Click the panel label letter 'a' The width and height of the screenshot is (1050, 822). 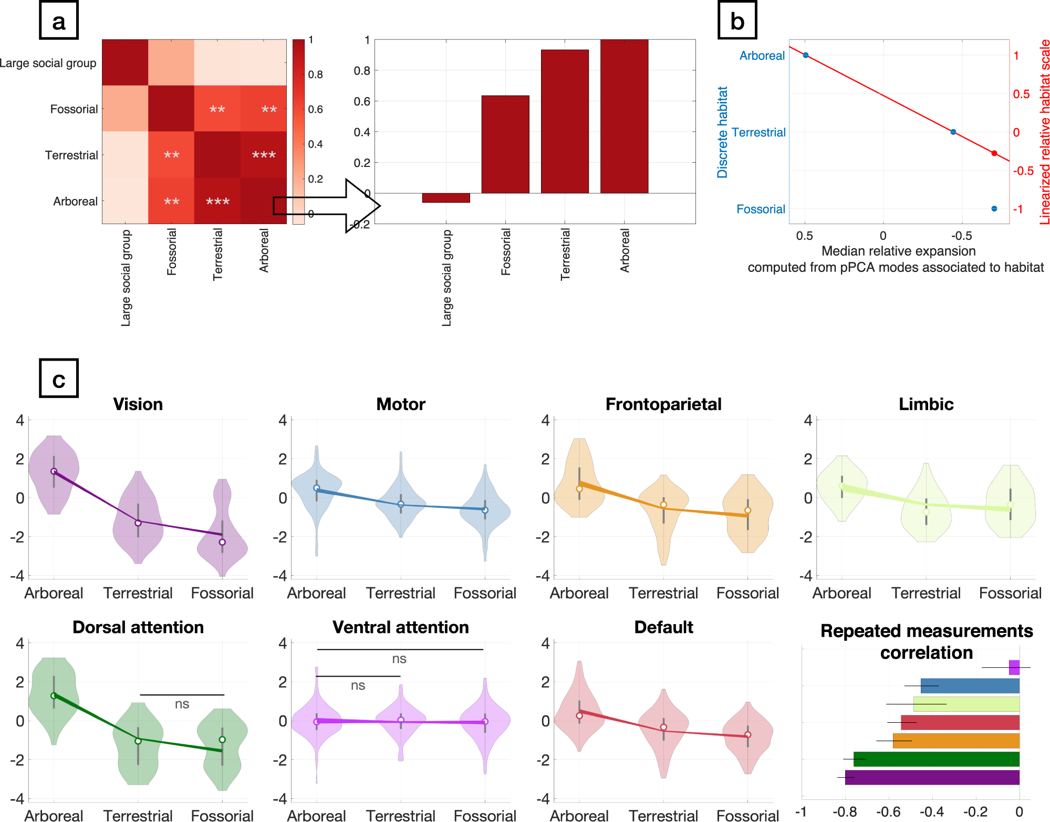59,21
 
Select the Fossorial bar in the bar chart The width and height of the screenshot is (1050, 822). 505,144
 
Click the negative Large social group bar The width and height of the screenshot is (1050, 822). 445,198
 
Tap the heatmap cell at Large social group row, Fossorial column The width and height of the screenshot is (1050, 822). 171,62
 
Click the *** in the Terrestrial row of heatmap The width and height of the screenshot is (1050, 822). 264,155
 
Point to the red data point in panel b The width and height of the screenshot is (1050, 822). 994,153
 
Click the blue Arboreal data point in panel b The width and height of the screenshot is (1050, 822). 805,55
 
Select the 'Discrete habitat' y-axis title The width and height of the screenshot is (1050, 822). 723,132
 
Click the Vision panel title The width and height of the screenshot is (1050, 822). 138,404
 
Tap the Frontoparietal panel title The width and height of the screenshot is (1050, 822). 663,404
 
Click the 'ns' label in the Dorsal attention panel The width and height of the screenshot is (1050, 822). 182,704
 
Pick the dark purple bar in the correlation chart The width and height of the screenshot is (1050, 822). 932,777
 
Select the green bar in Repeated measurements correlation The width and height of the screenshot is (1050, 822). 936,759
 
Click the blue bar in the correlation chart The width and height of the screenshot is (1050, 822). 970,686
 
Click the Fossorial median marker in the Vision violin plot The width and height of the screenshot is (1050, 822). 222,542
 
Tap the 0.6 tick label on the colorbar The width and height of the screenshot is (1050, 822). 315,109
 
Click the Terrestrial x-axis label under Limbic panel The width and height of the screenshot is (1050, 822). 926,593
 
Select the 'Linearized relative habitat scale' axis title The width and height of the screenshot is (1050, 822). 1044,132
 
